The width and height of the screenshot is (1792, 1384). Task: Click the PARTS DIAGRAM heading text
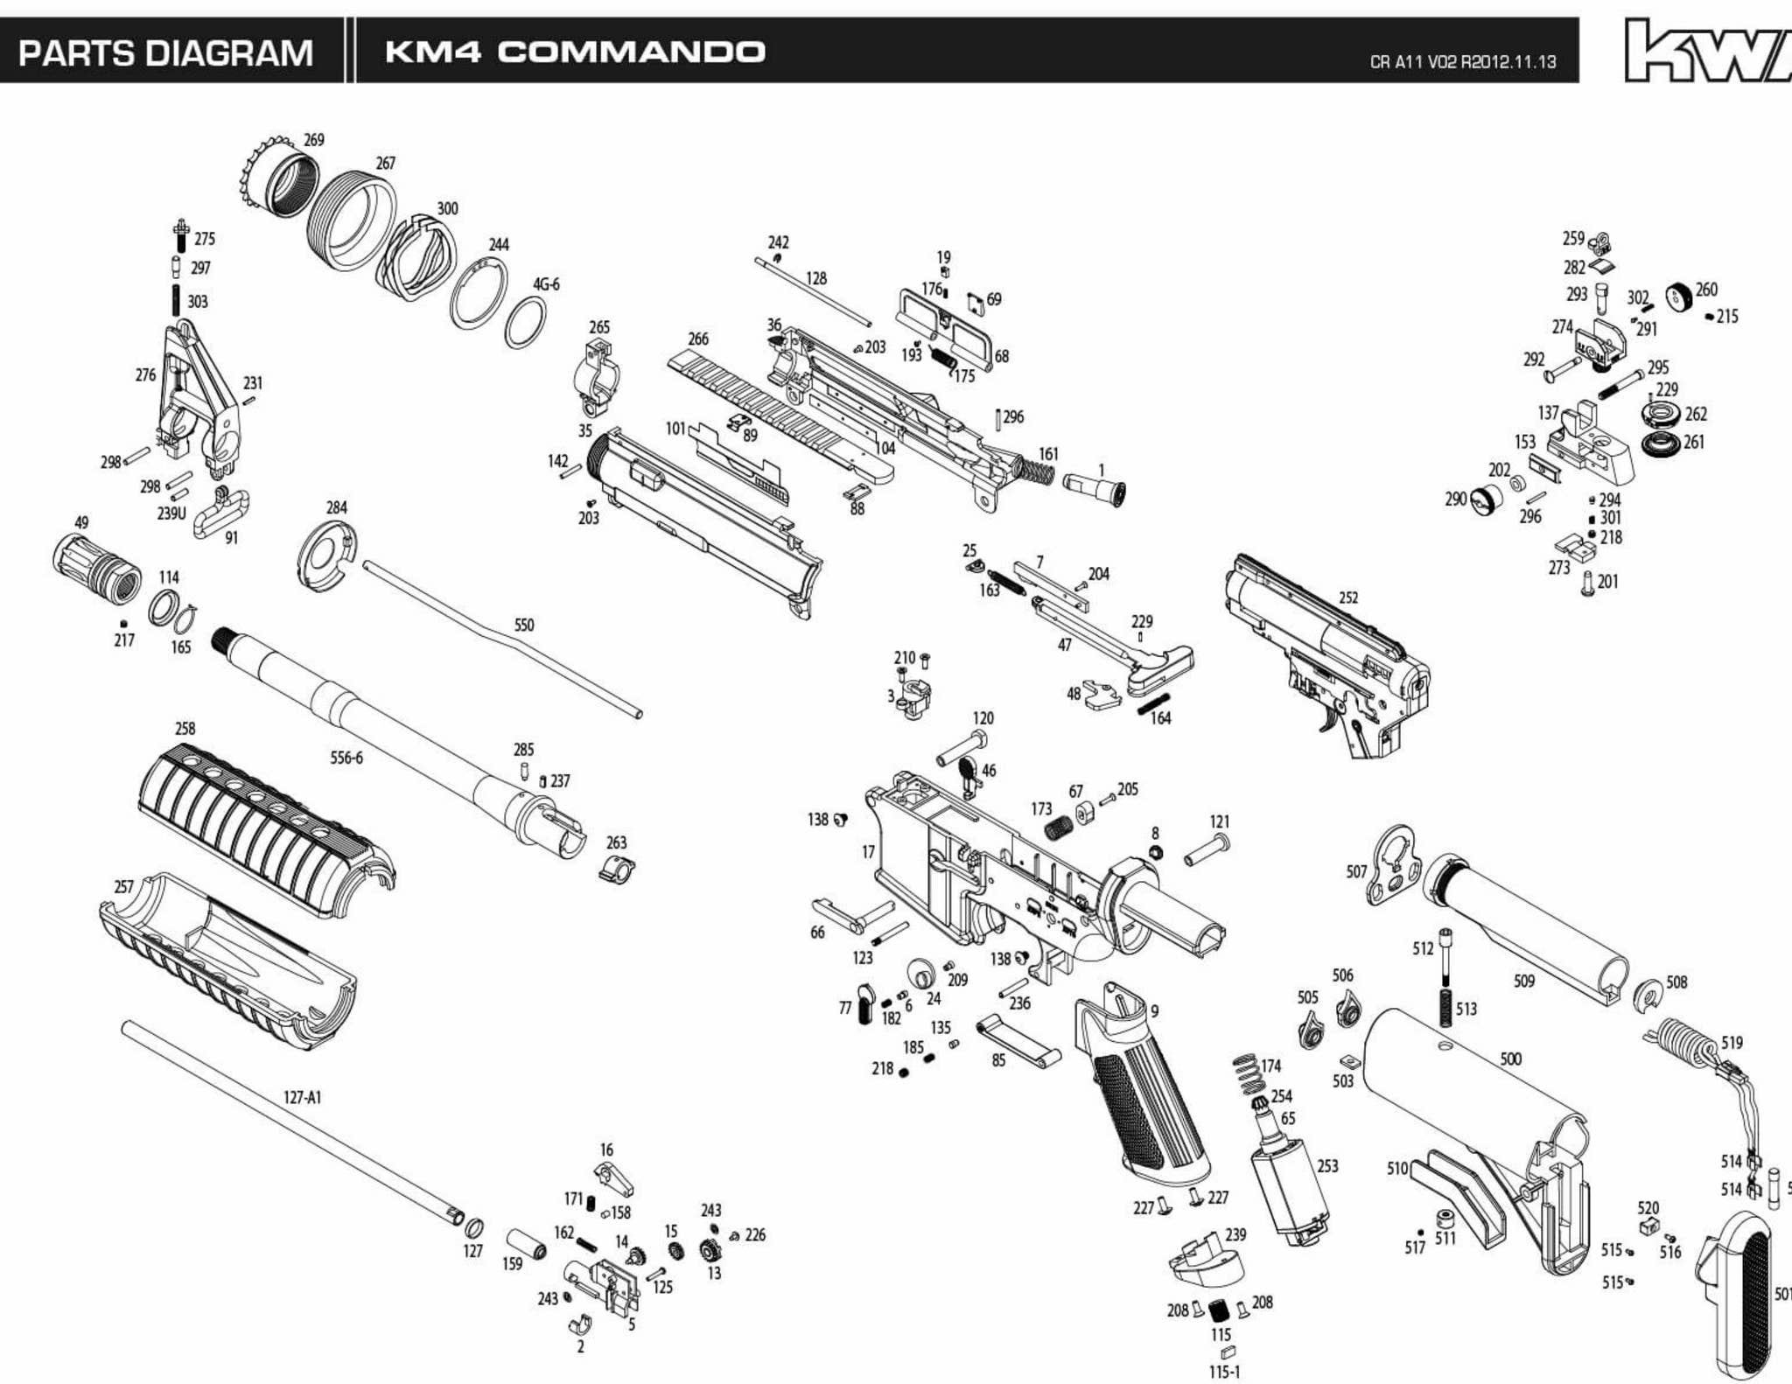[165, 52]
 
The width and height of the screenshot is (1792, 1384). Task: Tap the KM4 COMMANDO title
[575, 52]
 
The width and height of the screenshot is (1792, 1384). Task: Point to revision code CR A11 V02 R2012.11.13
[1462, 62]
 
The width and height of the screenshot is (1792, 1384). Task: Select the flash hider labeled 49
[96, 566]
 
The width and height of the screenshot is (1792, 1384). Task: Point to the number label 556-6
[346, 758]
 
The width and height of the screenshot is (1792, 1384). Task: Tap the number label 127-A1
[302, 1097]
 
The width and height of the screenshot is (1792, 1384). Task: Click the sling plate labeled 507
[1396, 866]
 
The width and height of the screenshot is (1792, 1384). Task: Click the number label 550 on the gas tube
[523, 625]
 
